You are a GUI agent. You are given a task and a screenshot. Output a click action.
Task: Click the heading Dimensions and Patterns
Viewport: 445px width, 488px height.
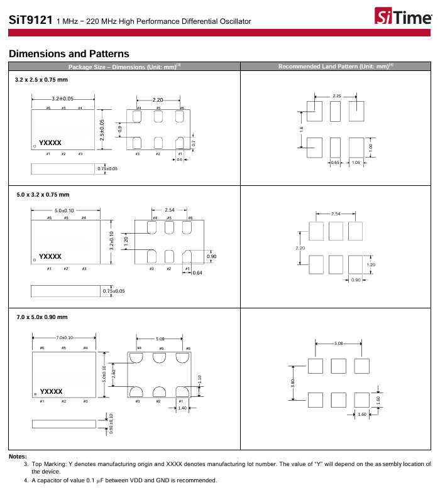69,53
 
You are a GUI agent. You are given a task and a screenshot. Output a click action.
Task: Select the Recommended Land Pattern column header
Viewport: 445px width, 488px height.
335,67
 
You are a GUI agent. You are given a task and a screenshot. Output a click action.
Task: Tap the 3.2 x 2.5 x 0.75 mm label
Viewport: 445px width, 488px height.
41,80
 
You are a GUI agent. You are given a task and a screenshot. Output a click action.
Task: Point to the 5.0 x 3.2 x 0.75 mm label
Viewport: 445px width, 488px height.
43,195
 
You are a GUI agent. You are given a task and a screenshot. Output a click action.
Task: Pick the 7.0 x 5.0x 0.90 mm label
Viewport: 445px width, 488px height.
41,317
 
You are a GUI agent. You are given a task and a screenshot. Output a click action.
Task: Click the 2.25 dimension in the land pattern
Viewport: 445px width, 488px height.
337,96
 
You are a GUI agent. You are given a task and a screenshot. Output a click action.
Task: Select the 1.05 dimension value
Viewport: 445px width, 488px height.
356,163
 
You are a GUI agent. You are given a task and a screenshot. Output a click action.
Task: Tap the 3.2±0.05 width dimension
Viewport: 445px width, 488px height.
63,99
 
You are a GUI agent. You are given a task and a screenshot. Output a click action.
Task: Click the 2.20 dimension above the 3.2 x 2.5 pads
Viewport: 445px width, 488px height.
158,100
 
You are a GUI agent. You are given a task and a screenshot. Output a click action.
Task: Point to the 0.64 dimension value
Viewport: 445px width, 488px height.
197,273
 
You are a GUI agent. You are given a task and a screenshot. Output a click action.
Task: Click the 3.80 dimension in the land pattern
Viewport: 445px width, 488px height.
293,382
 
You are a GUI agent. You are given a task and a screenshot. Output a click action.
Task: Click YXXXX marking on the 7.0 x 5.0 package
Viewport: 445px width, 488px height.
52,391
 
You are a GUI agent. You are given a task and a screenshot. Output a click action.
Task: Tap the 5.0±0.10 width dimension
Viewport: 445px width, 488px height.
64,210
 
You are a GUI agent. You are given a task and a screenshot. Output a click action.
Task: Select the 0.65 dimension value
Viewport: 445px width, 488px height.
335,163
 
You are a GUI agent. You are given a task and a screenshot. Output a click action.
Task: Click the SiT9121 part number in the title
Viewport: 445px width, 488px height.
31,21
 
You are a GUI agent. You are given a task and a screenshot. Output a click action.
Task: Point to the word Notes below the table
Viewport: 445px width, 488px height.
18,457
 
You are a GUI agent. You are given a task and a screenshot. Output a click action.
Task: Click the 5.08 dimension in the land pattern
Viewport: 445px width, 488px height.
339,343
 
